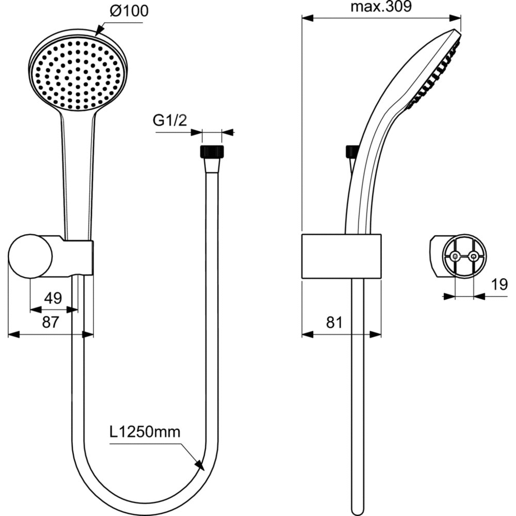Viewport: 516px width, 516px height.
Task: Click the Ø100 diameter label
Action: (x=129, y=11)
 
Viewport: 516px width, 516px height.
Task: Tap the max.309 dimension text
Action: (x=381, y=6)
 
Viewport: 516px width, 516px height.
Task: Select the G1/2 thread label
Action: (x=170, y=120)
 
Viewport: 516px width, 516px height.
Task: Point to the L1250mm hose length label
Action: (x=145, y=432)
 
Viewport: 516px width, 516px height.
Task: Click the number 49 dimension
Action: (x=53, y=298)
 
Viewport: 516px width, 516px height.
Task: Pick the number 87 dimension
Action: (x=51, y=322)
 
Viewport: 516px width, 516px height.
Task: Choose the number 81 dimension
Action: (x=334, y=322)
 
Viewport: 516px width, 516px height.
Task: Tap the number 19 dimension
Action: (x=499, y=284)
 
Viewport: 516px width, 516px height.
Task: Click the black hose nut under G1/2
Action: (x=212, y=151)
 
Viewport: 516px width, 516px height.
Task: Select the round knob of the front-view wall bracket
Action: (x=30, y=256)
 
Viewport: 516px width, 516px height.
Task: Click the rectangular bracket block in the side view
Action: (x=342, y=256)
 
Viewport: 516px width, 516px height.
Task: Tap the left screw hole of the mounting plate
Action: (x=455, y=256)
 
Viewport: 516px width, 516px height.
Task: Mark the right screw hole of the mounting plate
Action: (x=474, y=256)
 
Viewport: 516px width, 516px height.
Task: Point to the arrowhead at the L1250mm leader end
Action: (x=199, y=465)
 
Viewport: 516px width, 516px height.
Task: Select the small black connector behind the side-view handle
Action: (x=351, y=152)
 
